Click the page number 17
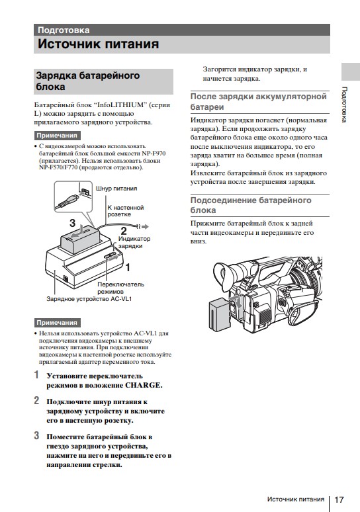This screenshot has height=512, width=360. tap(339, 499)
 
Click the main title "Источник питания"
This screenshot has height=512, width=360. tap(99, 44)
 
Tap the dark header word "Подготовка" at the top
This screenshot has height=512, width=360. tap(64, 30)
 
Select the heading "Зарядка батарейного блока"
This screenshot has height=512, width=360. tap(87, 81)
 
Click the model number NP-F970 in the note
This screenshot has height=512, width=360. tap(154, 153)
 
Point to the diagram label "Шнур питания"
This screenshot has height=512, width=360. tap(116, 189)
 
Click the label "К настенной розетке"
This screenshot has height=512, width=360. tap(126, 211)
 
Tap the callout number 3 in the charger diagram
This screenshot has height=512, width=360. tap(72, 223)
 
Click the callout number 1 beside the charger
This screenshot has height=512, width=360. tap(128, 267)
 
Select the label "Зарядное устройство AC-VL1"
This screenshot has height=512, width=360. tap(89, 299)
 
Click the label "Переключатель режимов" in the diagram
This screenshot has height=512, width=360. tap(120, 288)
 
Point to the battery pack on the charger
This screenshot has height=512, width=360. tap(81, 239)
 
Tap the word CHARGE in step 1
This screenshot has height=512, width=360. tap(144, 385)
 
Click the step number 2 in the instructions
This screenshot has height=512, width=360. tap(36, 400)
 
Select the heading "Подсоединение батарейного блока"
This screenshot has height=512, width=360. tap(251, 205)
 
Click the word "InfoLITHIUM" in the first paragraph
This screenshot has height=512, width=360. tap(120, 105)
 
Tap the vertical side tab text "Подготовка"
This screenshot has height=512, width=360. tap(344, 105)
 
